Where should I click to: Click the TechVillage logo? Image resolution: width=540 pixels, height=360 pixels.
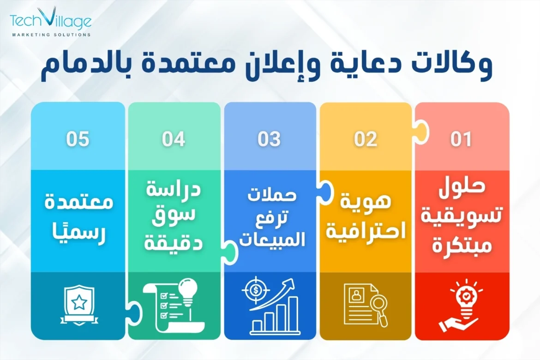(51, 22)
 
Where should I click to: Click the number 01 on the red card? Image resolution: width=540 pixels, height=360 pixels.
(461, 139)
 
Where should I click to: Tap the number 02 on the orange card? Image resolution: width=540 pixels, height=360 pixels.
(366, 139)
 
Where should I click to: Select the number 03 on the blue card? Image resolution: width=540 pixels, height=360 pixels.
(269, 139)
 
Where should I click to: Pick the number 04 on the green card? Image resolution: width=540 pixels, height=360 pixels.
(174, 139)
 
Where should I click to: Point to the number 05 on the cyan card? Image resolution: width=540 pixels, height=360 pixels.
(78, 139)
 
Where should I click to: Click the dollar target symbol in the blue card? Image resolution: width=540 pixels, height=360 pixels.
(256, 290)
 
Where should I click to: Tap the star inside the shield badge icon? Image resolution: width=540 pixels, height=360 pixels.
(79, 302)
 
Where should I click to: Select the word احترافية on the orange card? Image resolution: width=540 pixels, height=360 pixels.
(366, 230)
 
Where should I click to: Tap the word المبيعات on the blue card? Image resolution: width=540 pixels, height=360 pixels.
(272, 239)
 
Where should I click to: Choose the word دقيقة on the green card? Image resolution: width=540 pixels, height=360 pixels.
(174, 243)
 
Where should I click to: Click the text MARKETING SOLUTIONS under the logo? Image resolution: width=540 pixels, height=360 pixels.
(51, 35)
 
